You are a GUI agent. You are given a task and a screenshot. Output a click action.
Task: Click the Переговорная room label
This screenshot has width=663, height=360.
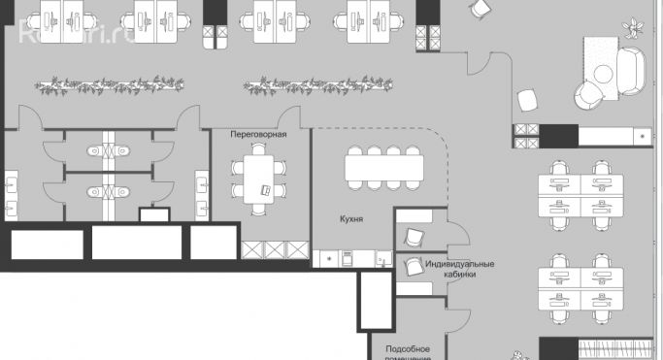(x=258, y=135)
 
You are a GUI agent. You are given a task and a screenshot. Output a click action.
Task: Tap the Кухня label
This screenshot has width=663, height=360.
(x=351, y=220)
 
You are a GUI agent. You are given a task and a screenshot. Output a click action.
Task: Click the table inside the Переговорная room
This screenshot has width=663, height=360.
(x=259, y=179)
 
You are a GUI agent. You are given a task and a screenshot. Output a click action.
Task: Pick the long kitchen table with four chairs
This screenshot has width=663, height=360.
(x=385, y=170)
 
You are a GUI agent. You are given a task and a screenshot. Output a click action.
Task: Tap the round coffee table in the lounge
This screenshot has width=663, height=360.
(x=604, y=74)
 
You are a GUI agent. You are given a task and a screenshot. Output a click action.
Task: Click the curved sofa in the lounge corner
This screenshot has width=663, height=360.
(x=630, y=67)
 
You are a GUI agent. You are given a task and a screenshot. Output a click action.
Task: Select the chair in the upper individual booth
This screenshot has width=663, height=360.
(x=414, y=236)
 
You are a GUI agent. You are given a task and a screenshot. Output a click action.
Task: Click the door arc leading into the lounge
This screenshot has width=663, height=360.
(x=480, y=64)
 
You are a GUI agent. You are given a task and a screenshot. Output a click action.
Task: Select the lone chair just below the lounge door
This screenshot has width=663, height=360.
(x=528, y=99)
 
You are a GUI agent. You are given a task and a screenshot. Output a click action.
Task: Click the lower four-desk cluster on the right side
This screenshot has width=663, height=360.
(x=580, y=288)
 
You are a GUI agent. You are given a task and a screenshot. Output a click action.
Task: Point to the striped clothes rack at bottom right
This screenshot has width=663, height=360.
(x=613, y=350)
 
